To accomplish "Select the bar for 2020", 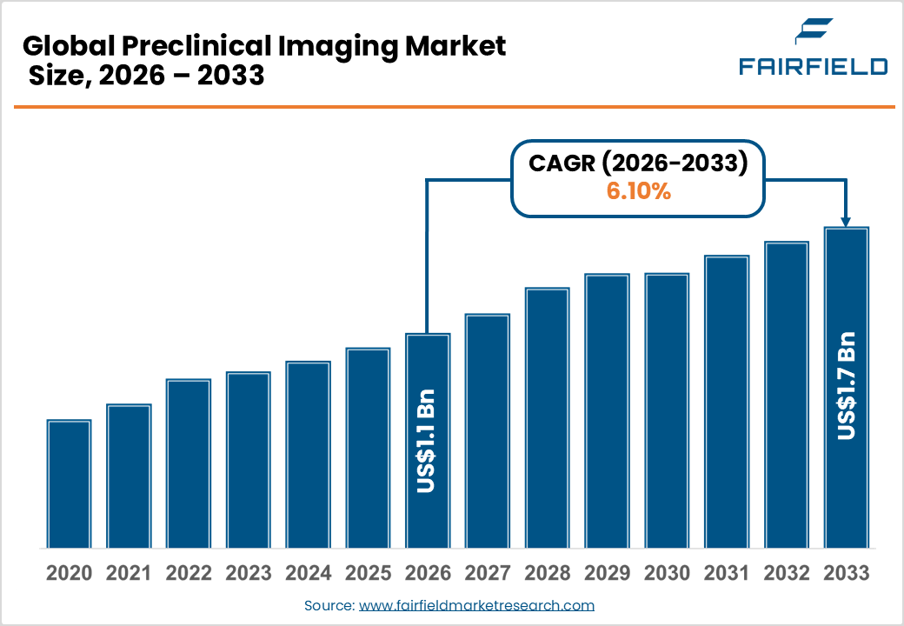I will (69, 483).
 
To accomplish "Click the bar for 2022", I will (189, 463).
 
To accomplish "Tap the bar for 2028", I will (547, 418).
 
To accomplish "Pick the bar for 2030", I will (667, 410).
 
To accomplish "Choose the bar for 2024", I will (308, 455).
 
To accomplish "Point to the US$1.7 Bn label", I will (846, 385).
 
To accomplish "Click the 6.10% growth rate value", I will (638, 192).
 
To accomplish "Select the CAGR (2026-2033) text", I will (638, 163).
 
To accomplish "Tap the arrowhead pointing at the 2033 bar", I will (846, 222).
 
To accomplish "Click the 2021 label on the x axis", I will (129, 574).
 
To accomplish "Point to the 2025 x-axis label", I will (368, 574).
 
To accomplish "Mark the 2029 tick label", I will (607, 574).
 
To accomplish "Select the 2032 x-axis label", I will (786, 574).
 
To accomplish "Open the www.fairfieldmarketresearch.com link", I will (476, 605).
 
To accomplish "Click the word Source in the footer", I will (329, 605).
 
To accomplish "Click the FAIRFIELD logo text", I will (813, 66).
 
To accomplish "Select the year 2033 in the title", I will (230, 76).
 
